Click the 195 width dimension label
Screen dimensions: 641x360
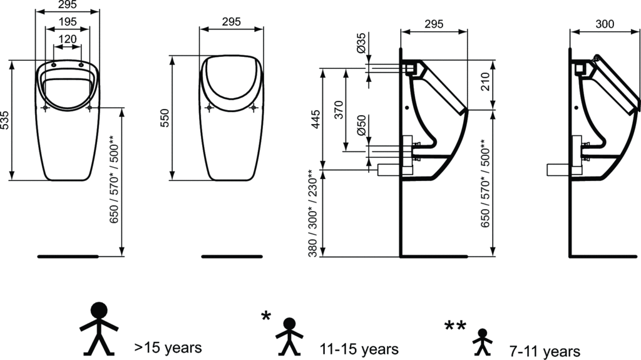68,22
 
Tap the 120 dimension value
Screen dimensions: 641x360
68,39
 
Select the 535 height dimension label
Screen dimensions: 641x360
4,120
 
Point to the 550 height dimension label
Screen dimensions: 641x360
164,118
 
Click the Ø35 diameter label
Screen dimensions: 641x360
361,43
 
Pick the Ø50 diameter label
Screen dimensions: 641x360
361,125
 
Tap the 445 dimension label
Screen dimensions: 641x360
316,119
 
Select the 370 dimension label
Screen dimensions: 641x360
339,110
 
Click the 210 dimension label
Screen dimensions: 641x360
485,82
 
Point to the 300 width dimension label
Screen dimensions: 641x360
605,24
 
